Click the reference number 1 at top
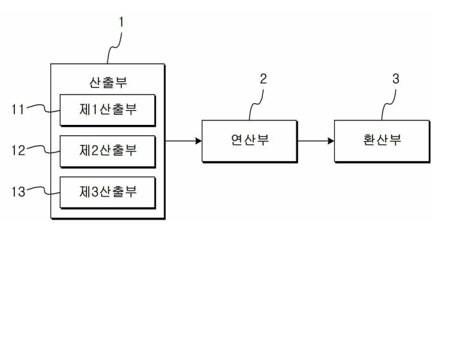coord(121,22)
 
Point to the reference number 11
coord(17,109)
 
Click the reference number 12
coord(17,151)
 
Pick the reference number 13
coord(17,191)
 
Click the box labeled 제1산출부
coord(108,109)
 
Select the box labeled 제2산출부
coord(108,151)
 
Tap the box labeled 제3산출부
coord(108,192)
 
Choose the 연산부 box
coord(249,140)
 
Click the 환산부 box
coord(381,140)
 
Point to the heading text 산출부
coord(108,82)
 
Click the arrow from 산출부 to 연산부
coord(183,140)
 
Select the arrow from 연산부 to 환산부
coord(316,140)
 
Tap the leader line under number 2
coord(256,103)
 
